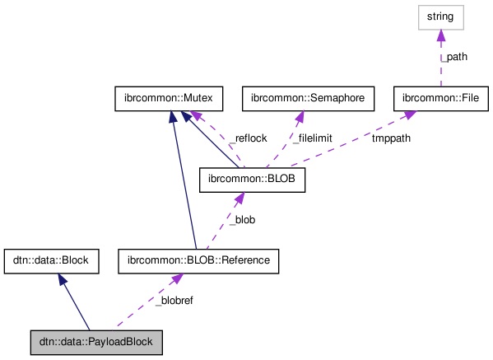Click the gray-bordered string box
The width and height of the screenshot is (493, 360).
[x=441, y=16]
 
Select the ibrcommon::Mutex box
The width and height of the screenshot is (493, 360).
[x=164, y=98]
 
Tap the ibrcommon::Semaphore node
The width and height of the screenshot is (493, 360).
[x=308, y=98]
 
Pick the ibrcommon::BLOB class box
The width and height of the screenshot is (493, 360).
[x=253, y=180]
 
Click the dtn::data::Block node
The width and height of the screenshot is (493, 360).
[x=52, y=261]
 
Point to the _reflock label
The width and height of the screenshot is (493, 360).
[x=248, y=138]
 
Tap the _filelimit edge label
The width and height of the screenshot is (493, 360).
[x=312, y=138]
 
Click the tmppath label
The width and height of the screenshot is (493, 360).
[x=391, y=138]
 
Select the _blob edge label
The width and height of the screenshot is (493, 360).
[x=242, y=220]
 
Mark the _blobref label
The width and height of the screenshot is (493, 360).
[x=174, y=302]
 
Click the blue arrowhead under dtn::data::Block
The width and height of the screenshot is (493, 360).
[x=61, y=280]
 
